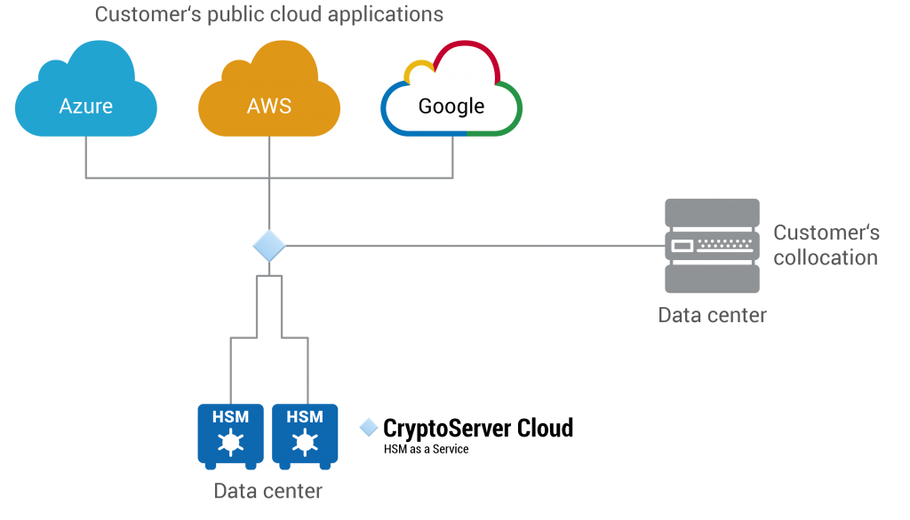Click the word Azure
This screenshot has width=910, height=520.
pos(85,106)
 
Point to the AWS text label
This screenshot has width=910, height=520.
pos(268,106)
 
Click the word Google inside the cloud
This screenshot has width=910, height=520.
pos(451,106)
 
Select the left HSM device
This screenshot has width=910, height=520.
pos(230,435)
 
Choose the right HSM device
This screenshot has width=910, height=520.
pos(305,435)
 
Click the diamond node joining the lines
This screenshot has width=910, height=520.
pos(268,246)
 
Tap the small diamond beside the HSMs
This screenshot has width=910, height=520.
pos(369,428)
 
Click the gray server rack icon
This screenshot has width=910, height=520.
pos(712,246)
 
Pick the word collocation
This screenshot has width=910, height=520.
pos(825,258)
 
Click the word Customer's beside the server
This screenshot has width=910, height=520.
pos(826,233)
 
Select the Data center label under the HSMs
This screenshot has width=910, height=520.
pos(267,491)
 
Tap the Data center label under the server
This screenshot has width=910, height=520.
pos(712,315)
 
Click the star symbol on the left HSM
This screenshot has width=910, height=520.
pos(230,441)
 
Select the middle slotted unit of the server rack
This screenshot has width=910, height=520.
pos(712,246)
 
